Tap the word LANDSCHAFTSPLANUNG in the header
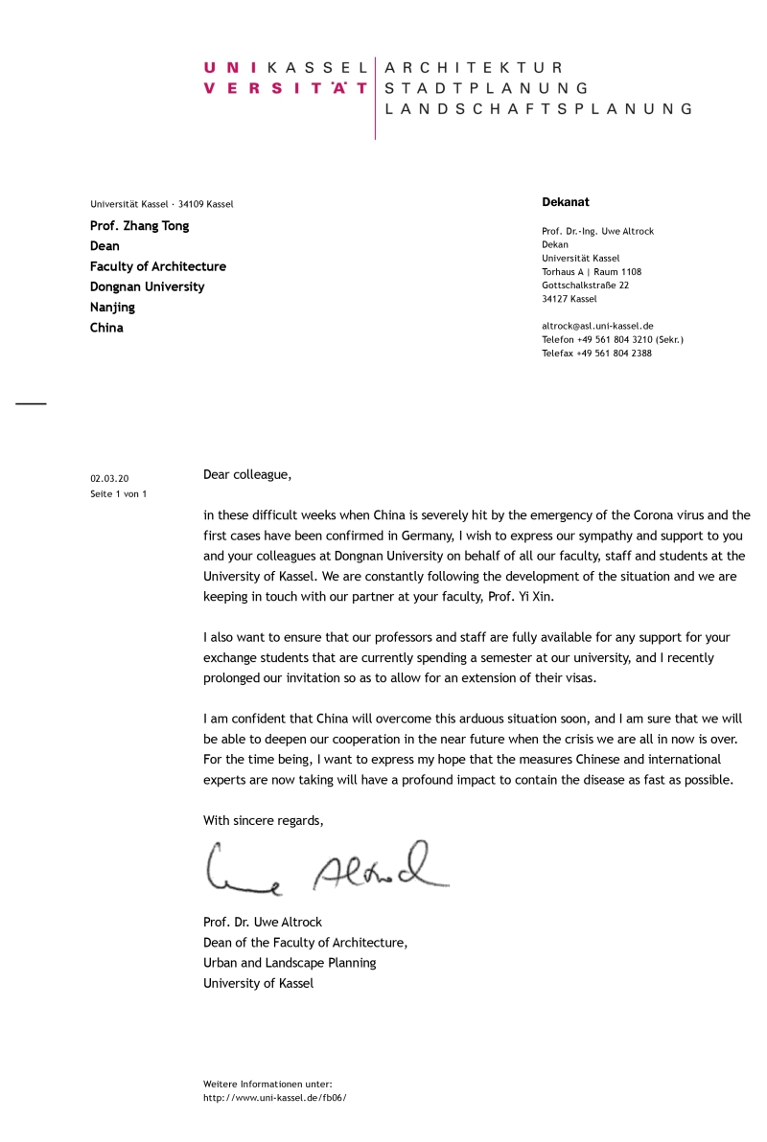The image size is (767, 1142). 537,109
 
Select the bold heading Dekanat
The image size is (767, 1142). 566,202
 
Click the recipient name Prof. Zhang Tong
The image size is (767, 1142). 140,226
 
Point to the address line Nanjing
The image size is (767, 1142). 112,308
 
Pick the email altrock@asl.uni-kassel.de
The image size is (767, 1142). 597,326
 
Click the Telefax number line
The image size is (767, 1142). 596,353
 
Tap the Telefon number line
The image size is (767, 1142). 613,339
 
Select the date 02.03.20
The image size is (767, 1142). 109,477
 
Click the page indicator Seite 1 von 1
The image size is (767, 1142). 118,493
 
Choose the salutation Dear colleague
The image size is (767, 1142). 246,474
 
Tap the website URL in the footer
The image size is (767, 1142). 274,1097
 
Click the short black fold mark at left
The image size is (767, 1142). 31,403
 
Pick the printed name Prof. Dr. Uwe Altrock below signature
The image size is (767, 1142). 263,923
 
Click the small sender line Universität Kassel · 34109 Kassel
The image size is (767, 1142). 162,204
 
